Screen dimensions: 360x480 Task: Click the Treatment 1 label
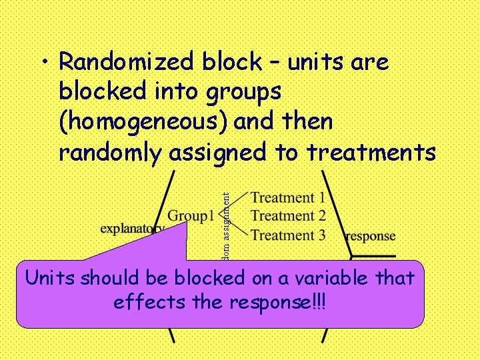point(288,197)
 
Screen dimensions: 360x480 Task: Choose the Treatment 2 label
point(288,216)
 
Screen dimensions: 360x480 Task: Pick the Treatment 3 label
point(288,235)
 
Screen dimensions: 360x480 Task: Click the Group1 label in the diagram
point(191,215)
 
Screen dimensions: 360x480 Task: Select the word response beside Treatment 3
point(371,236)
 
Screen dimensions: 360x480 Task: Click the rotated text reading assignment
point(226,217)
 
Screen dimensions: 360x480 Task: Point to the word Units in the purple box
point(50,278)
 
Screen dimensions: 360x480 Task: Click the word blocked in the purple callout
point(206,278)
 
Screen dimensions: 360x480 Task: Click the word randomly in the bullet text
point(110,153)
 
